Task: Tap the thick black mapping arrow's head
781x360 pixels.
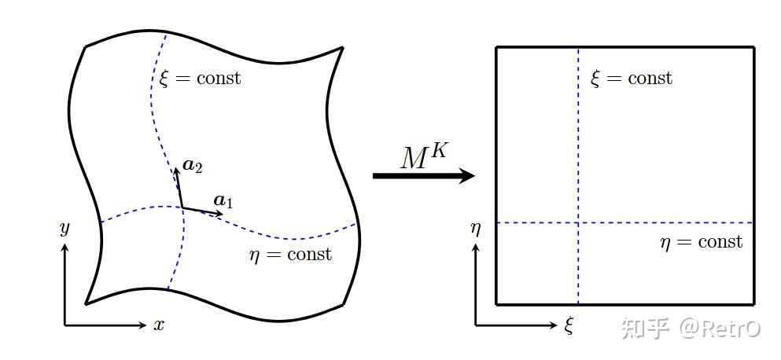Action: [x=466, y=175]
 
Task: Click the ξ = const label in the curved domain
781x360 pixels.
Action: [x=199, y=78]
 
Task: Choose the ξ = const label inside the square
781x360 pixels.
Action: [x=631, y=78]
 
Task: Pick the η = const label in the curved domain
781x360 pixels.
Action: [x=290, y=255]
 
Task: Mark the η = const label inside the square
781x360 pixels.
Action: [x=702, y=243]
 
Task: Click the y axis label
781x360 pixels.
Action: [x=64, y=230]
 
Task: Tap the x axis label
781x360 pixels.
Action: [x=158, y=325]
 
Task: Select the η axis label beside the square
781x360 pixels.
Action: [x=476, y=229]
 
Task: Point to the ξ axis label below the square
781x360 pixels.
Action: [x=569, y=326]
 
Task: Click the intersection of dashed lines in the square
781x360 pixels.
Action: [x=578, y=222]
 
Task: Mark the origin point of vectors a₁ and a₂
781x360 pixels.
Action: [x=182, y=207]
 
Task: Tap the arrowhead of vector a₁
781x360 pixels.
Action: [x=219, y=214]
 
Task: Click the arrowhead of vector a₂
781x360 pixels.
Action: [x=176, y=171]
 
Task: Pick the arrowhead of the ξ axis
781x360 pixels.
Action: [x=554, y=325]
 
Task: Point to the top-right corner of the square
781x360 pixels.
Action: [x=754, y=47]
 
